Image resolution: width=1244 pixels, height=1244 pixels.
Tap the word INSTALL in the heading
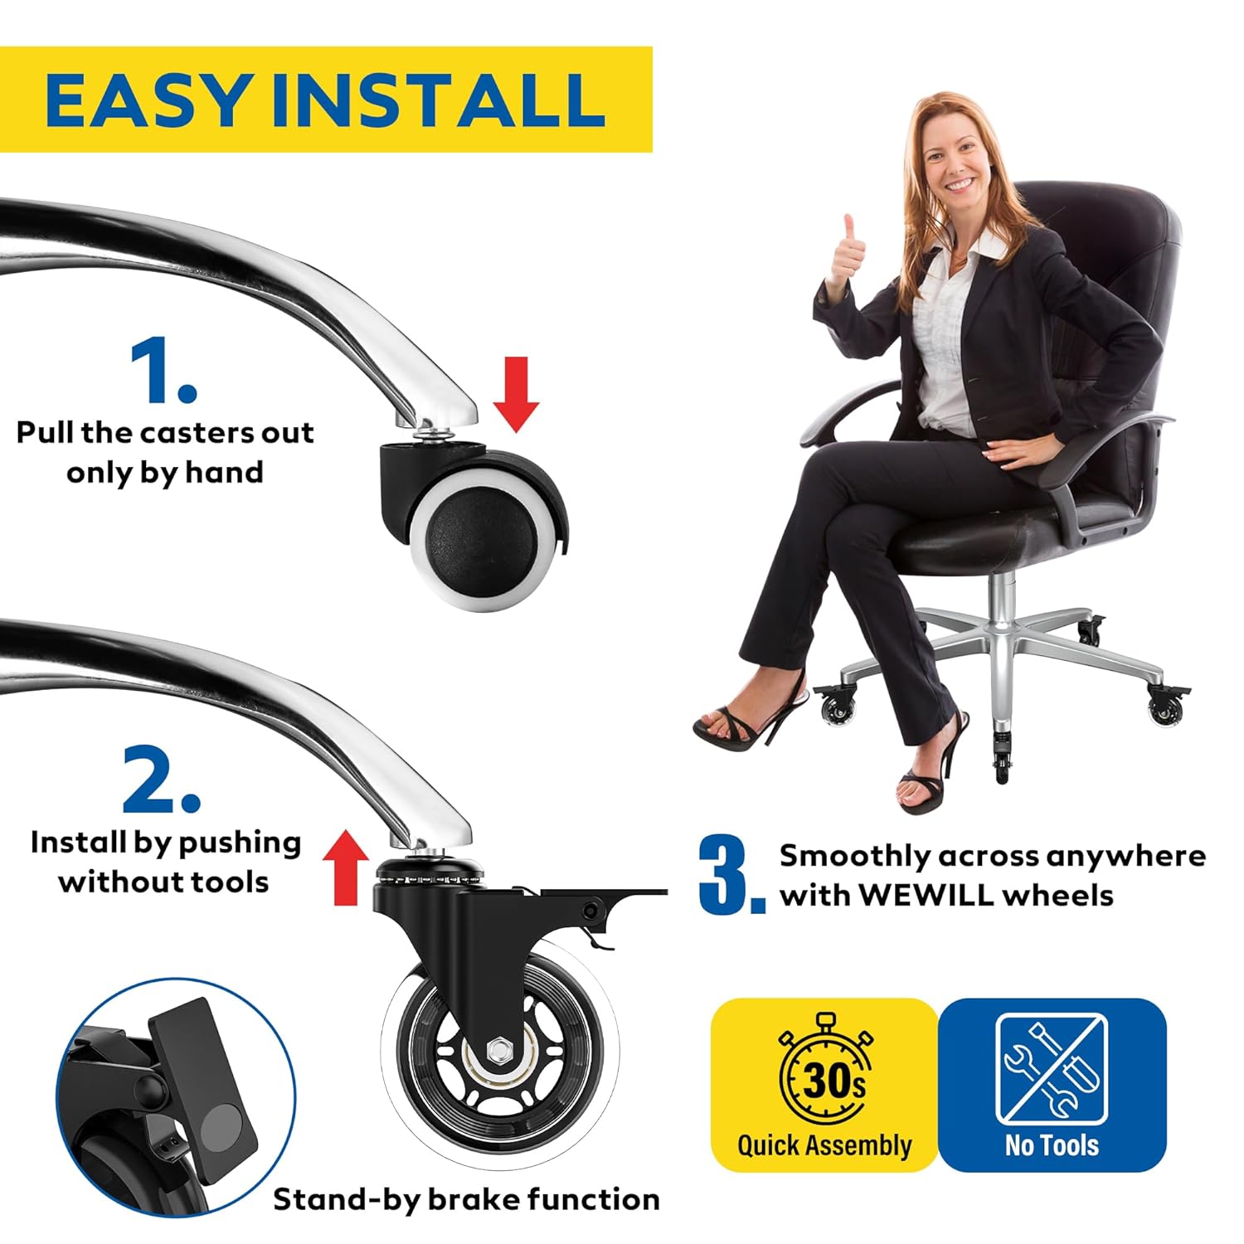click(437, 100)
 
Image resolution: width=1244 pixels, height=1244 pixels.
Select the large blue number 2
click(161, 780)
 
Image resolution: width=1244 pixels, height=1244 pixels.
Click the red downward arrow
click(516, 394)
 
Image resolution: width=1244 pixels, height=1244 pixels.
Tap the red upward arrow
click(345, 868)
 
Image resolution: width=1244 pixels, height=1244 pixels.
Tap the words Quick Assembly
click(824, 1146)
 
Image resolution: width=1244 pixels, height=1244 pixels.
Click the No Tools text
click(1052, 1145)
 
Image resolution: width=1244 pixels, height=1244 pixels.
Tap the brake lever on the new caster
click(603, 899)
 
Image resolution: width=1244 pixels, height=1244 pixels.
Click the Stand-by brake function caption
click(467, 1199)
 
